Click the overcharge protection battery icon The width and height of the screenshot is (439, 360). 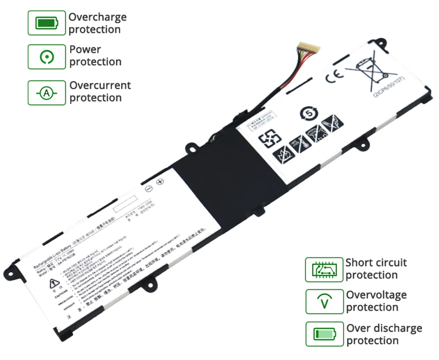pos(46,23)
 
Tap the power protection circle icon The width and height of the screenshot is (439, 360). pos(46,57)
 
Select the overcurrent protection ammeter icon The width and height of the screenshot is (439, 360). pos(46,93)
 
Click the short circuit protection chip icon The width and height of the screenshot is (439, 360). pos(324,269)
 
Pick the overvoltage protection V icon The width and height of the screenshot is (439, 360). pos(324,301)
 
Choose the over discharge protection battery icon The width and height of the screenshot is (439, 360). pos(324,334)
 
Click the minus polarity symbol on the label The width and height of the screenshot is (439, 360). pos(148,189)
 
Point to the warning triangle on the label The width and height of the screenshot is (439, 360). pos(53,283)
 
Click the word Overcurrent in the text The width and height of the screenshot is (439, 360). pos(100,85)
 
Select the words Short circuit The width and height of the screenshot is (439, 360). pos(376,262)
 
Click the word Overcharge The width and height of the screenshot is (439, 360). pos(97,17)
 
